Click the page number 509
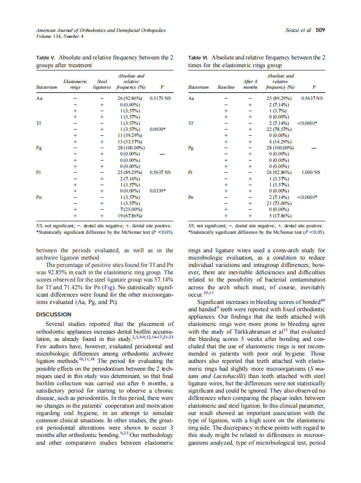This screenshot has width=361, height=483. click(x=320, y=30)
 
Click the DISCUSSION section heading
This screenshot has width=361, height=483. click(x=54, y=314)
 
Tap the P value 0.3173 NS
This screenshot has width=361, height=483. click(x=160, y=98)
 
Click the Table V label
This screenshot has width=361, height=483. click(x=46, y=57)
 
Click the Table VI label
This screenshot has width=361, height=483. click(x=199, y=57)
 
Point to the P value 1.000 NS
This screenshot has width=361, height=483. click(x=311, y=172)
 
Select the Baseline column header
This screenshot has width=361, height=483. click(x=226, y=87)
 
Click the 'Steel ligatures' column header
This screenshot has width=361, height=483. click(x=102, y=84)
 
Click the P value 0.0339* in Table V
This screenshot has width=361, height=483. click(x=160, y=190)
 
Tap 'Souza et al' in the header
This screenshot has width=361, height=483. click(x=298, y=30)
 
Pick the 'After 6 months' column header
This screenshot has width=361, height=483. click(x=250, y=84)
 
